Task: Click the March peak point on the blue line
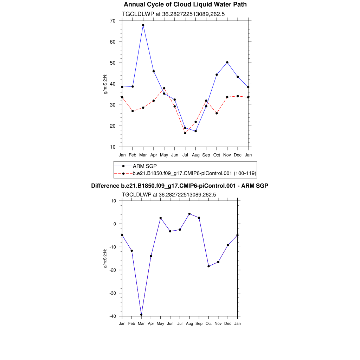(143, 25)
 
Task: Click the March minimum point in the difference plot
(141, 315)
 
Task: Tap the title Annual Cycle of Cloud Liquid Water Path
(185, 5)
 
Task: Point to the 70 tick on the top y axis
(112, 21)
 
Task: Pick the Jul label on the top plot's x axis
(185, 155)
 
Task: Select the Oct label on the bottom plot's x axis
(208, 323)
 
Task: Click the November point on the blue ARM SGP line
(227, 62)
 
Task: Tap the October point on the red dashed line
(217, 113)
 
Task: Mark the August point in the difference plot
(189, 214)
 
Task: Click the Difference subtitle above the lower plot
(180, 186)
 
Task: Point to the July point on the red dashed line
(185, 133)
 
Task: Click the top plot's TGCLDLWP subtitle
(173, 14)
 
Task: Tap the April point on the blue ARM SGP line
(154, 71)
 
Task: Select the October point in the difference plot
(208, 266)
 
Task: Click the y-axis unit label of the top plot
(105, 84)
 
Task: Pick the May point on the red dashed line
(164, 88)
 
